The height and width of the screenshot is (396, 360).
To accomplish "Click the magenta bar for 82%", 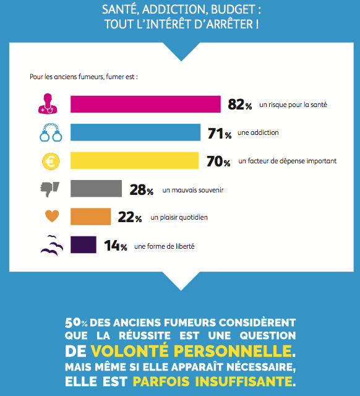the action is (x=145, y=104).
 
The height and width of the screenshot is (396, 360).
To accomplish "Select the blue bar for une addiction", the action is (x=135, y=132).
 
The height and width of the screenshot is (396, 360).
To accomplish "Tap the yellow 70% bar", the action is (x=135, y=160).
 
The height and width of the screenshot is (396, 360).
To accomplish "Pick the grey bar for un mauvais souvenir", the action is (x=96, y=188).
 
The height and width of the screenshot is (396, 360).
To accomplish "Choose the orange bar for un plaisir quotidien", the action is (x=91, y=217).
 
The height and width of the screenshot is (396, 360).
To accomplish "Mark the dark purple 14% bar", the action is (x=84, y=244).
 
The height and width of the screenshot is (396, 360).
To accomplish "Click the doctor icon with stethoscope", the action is (x=48, y=104).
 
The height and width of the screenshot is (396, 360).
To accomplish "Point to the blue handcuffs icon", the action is (x=51, y=132).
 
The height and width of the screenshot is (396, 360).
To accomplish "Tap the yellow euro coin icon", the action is (x=51, y=161).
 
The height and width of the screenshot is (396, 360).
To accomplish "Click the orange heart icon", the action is (x=52, y=216).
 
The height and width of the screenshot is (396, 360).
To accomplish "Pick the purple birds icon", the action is (x=52, y=246).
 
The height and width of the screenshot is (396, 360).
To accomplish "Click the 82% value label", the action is (x=240, y=105).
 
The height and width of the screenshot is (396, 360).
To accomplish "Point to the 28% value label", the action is (x=142, y=190).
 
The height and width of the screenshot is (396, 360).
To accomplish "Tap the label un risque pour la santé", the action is (x=293, y=105).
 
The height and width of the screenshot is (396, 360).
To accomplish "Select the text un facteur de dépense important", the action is (x=288, y=161).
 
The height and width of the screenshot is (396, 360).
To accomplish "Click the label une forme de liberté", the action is (x=165, y=246).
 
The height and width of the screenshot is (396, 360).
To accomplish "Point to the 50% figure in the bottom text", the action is (x=76, y=322).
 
